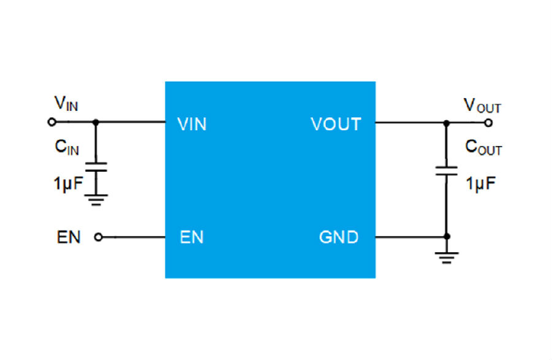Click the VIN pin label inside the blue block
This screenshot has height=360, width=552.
point(191,124)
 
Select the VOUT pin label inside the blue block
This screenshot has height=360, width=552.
point(335,124)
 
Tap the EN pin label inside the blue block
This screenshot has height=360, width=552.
point(191,237)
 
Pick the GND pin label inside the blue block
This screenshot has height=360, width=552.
point(339,237)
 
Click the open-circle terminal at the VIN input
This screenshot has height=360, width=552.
point(52,122)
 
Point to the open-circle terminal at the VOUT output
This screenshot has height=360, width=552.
point(488,123)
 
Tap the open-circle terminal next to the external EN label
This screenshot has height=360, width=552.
point(98,237)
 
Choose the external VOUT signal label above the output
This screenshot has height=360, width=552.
point(482,105)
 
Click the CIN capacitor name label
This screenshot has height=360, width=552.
point(66,148)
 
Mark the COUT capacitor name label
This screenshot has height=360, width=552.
point(483,148)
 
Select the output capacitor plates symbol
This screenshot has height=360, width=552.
point(447,170)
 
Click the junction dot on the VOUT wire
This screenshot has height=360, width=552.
point(447,123)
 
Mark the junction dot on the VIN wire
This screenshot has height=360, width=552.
point(95,122)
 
